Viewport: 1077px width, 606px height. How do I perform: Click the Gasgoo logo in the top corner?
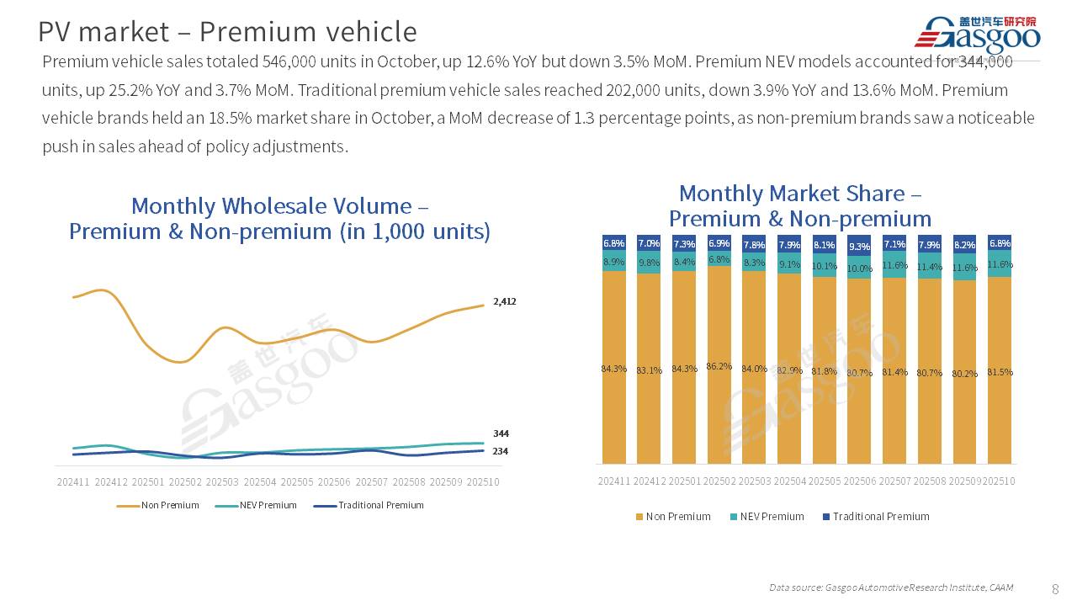(977, 35)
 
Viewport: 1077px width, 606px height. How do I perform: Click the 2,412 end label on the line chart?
(505, 301)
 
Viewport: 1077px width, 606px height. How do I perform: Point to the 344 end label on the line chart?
(501, 433)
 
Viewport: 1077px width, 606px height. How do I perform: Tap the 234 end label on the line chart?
(501, 452)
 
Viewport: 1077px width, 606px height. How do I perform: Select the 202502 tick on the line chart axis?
(185, 482)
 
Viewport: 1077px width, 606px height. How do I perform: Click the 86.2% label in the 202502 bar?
(719, 366)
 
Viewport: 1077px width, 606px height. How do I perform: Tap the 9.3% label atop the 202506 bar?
(859, 247)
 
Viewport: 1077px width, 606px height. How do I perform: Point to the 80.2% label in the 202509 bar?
(964, 373)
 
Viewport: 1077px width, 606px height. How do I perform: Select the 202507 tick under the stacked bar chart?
(894, 481)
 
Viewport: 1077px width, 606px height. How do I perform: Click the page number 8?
(1056, 587)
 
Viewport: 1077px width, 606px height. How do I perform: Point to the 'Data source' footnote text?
(890, 587)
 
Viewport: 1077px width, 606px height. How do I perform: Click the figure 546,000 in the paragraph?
(289, 61)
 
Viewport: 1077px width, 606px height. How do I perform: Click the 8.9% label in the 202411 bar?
(614, 262)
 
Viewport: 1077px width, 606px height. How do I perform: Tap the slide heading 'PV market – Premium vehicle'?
(227, 32)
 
